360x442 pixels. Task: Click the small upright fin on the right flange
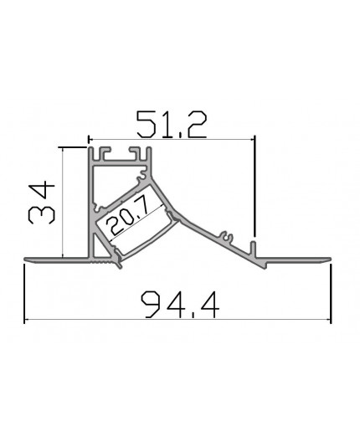point(252,249)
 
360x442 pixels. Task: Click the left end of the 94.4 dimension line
point(25,321)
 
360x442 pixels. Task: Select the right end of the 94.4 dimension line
point(330,321)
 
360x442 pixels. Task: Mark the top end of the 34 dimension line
point(63,147)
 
